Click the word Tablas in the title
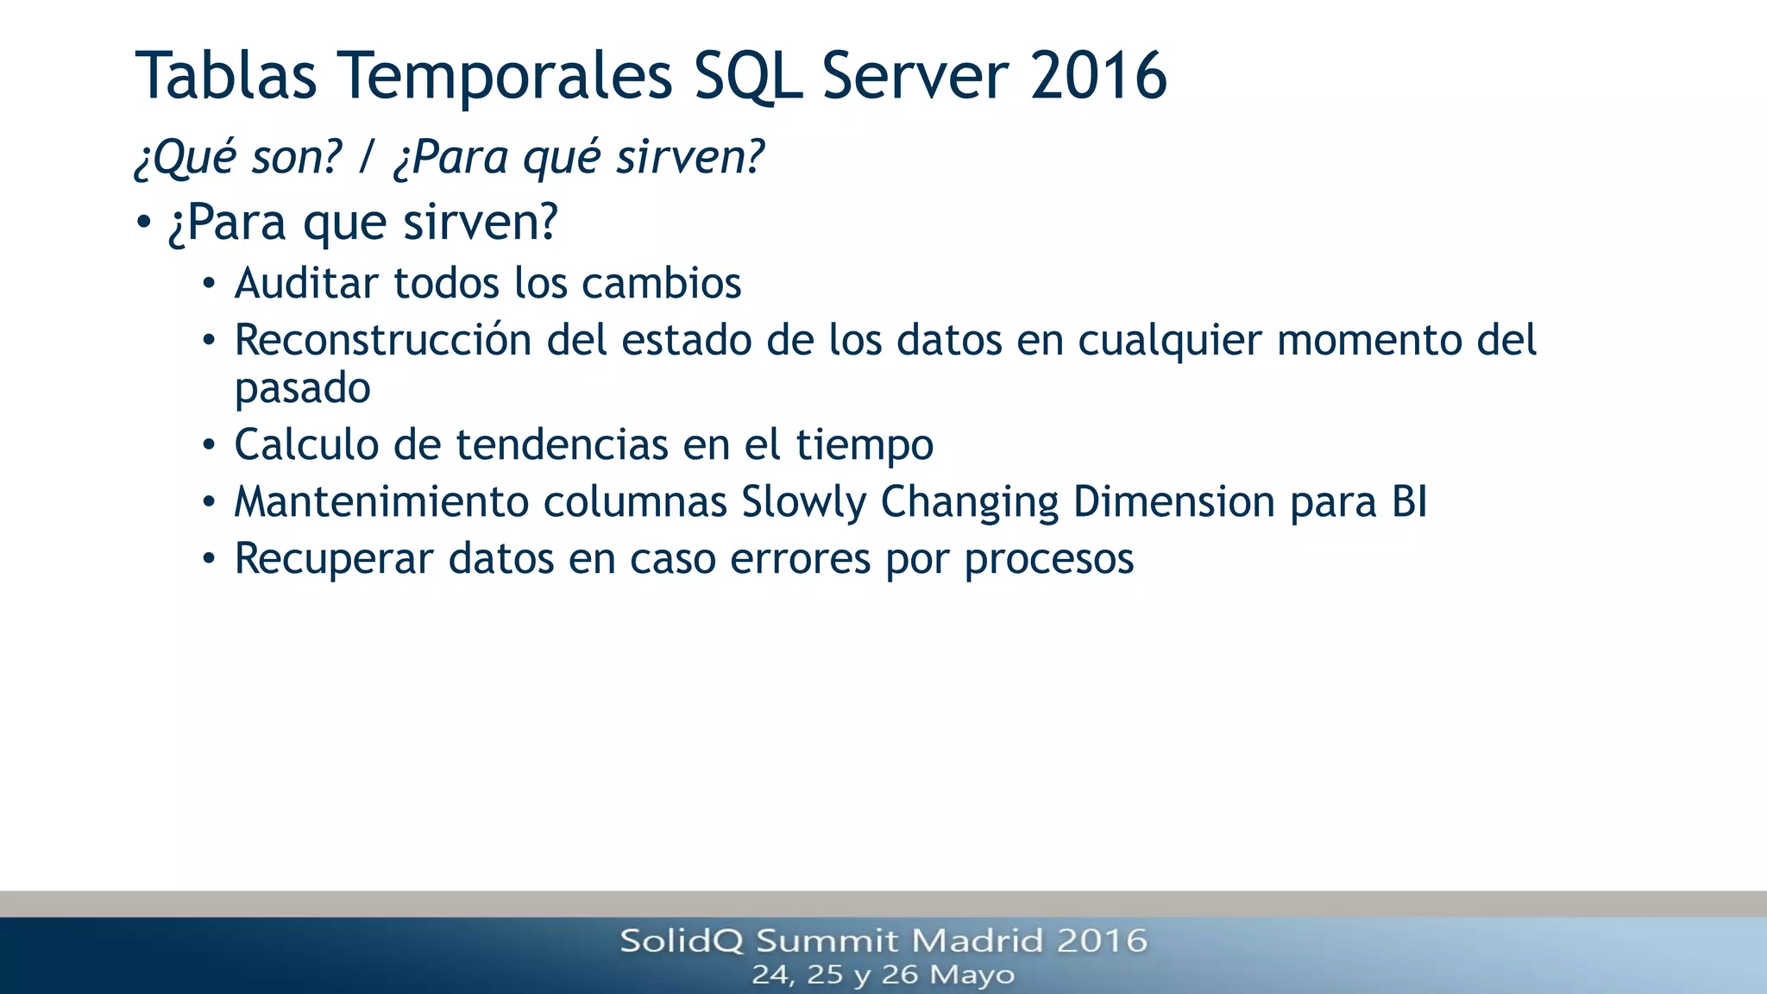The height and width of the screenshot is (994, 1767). [226, 76]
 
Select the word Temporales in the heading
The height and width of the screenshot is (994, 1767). [505, 76]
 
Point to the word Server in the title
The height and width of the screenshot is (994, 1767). [915, 76]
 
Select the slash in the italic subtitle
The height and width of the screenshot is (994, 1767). [368, 157]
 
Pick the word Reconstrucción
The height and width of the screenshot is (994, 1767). [383, 340]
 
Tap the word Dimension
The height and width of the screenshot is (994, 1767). [1174, 502]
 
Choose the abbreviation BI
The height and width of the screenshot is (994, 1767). [1409, 502]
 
